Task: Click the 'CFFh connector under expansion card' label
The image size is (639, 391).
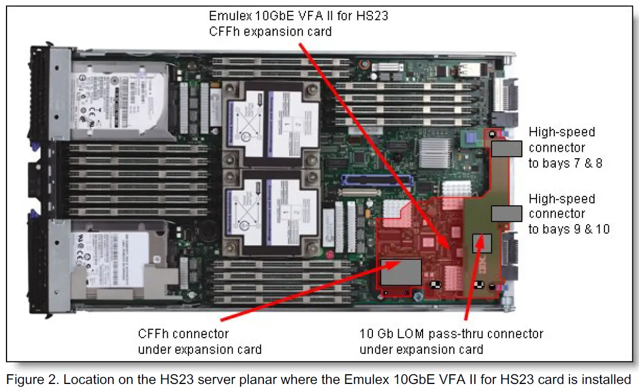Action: pos(199,341)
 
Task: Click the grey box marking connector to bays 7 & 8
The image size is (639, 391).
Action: pos(507,149)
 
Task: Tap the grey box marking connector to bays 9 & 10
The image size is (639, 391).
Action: pos(507,214)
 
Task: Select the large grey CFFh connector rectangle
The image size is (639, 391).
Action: pos(401,272)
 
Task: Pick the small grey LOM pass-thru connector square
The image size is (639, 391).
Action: pos(481,244)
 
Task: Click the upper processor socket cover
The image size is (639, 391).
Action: pos(270,124)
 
